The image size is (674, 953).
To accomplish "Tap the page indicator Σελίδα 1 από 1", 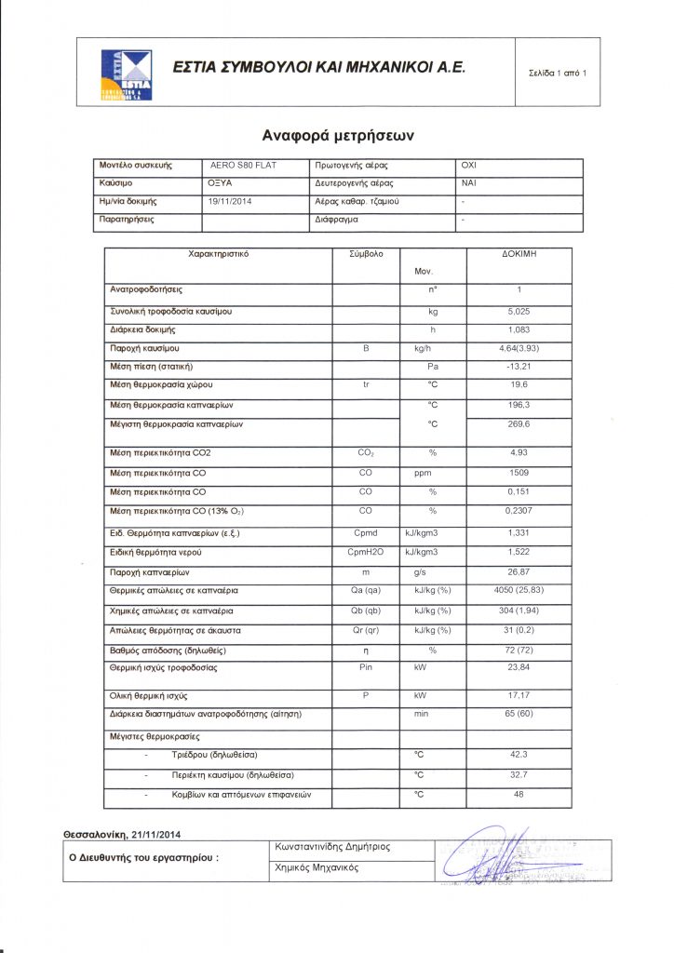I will tap(557, 73).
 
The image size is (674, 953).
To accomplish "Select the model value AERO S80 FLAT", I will tap(242, 165).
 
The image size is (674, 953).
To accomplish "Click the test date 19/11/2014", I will tap(230, 201).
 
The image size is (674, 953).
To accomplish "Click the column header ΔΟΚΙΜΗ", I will tap(518, 253).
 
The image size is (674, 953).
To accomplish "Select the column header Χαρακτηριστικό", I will tap(219, 253).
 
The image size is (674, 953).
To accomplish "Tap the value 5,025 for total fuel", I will tap(518, 311).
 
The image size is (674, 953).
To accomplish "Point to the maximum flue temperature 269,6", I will tap(518, 424).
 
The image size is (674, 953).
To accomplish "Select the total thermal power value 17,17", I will tap(518, 695).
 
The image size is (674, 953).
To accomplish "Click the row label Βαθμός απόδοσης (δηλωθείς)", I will tap(168, 650).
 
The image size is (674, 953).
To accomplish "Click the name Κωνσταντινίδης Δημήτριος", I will tap(332, 847).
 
